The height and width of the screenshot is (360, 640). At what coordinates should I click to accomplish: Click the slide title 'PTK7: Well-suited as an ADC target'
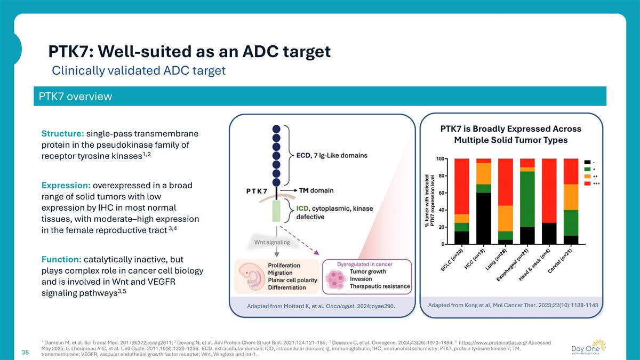pos(189,52)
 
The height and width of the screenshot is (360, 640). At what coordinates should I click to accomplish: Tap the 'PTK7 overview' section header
pos(75,97)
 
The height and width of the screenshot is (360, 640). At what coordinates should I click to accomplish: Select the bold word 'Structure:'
pos(62,133)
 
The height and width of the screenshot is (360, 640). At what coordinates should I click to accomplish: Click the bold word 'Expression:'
pos(66,186)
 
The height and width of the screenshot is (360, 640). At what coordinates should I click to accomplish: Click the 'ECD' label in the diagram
pos(303,155)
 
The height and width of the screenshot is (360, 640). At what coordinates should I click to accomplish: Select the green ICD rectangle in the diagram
pos(276,211)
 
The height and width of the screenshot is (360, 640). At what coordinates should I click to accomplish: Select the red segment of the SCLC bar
pos(462,186)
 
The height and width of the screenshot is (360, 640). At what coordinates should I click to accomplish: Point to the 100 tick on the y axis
pos(441,159)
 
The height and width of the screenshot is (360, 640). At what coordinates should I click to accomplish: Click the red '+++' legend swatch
pos(587,183)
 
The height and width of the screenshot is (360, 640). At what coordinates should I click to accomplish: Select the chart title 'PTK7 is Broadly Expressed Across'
pos(510,129)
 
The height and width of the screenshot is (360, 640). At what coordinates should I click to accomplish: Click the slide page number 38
pos(25,353)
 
